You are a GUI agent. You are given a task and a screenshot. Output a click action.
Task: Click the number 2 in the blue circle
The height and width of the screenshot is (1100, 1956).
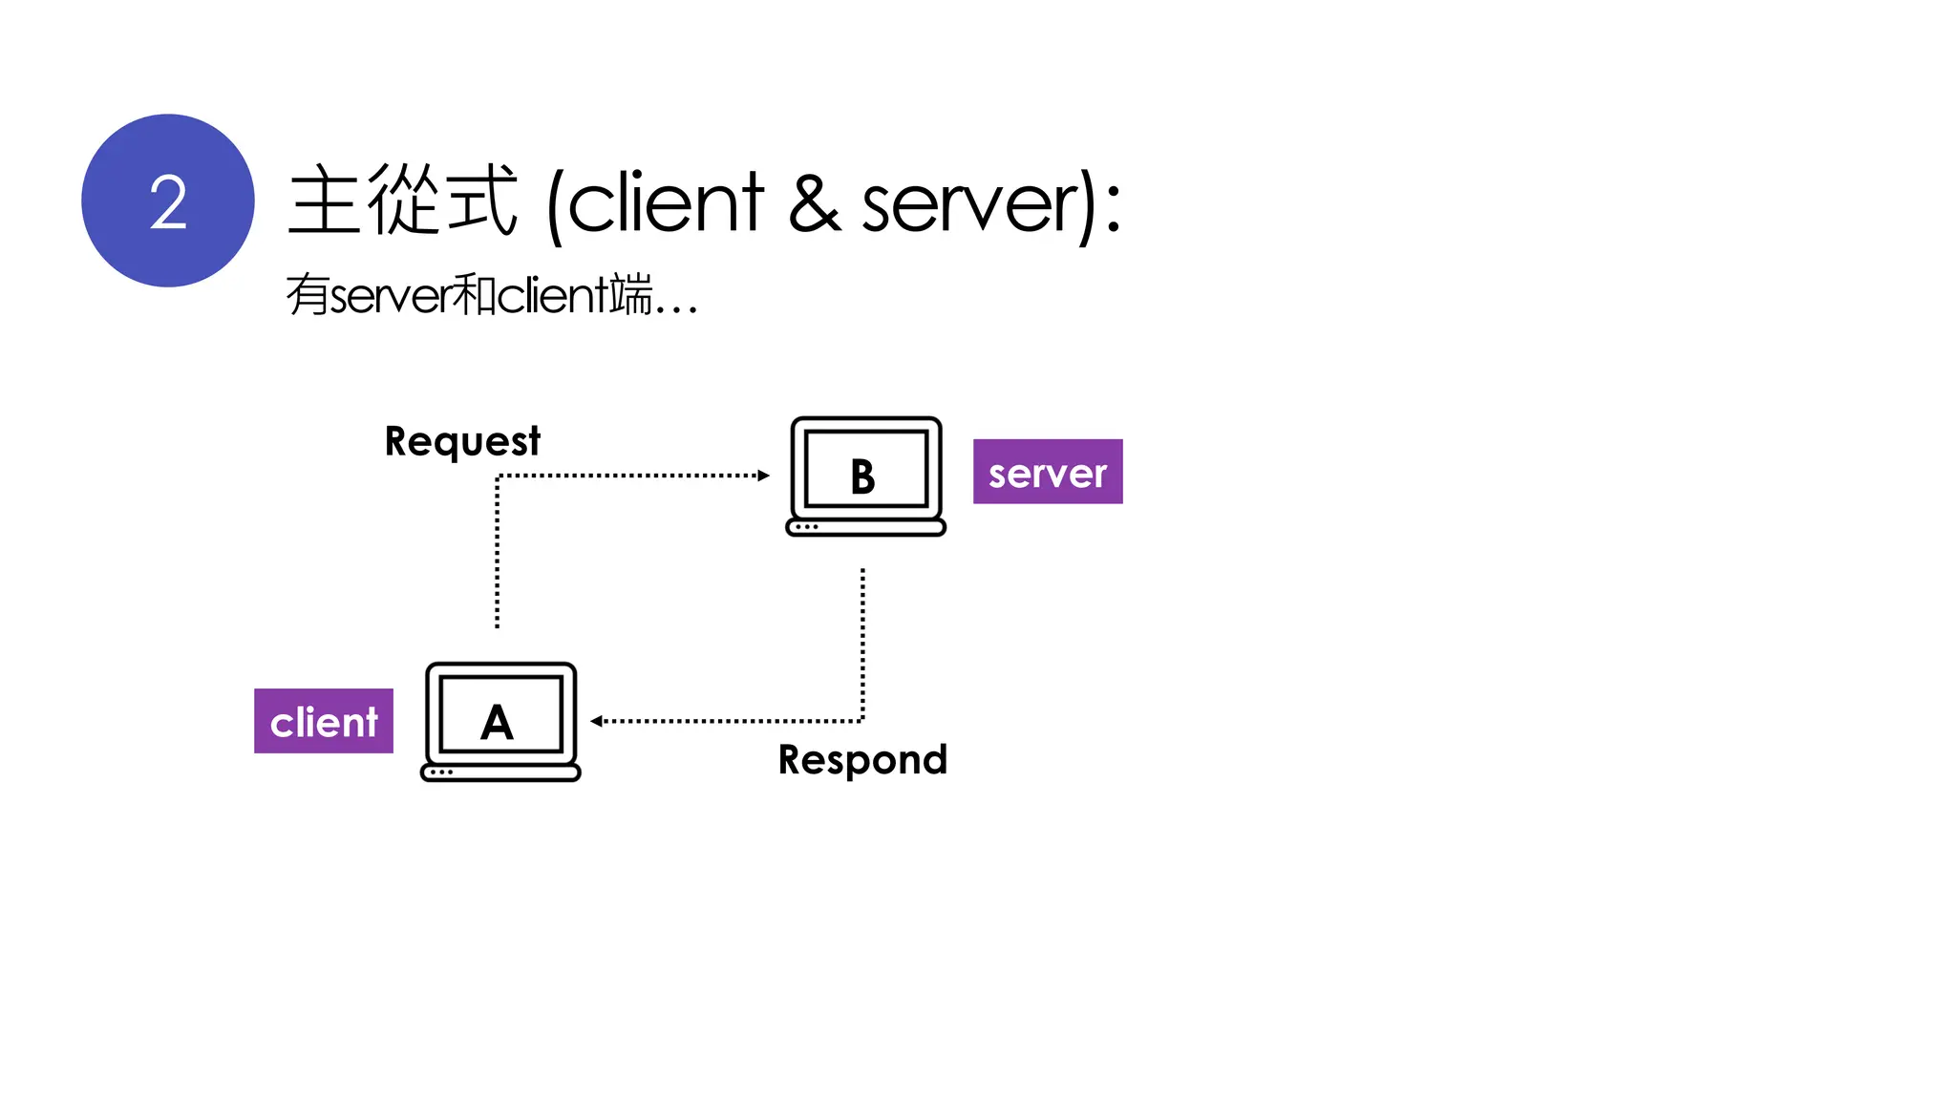click(x=168, y=202)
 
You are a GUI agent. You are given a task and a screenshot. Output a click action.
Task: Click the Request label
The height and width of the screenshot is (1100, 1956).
click(x=462, y=441)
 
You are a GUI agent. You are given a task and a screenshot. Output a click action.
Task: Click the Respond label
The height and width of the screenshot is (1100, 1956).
click(x=862, y=760)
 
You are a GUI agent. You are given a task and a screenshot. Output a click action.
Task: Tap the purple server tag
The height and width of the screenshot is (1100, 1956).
click(x=1048, y=472)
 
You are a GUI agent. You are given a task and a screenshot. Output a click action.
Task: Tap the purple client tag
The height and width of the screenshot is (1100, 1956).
click(x=324, y=721)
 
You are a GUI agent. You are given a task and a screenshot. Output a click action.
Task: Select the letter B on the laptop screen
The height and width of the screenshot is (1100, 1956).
click(x=862, y=476)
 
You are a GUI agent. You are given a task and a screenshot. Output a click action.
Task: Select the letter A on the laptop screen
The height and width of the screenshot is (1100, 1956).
click(x=497, y=722)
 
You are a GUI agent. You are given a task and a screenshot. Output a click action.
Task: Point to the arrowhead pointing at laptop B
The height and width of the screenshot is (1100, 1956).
click(x=764, y=476)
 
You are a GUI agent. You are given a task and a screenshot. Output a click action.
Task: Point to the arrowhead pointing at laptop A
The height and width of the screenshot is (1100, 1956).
click(x=596, y=721)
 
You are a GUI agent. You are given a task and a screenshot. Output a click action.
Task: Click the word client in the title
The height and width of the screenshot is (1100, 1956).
click(x=666, y=202)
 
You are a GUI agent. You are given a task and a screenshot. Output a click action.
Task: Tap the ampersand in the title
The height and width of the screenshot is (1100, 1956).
click(x=814, y=202)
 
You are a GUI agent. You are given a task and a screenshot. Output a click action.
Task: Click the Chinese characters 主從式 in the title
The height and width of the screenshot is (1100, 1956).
click(x=401, y=201)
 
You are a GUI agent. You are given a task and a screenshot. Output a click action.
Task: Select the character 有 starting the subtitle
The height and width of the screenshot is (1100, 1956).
click(x=308, y=294)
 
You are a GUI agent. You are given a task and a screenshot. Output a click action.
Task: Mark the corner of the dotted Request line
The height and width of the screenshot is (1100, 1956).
click(x=498, y=476)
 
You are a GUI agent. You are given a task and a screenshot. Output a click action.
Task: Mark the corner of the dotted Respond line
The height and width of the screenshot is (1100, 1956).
click(x=862, y=721)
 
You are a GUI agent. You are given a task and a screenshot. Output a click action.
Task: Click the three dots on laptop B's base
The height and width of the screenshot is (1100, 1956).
click(x=807, y=527)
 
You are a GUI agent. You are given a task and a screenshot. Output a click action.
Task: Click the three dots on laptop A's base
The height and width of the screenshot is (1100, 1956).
click(x=441, y=772)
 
